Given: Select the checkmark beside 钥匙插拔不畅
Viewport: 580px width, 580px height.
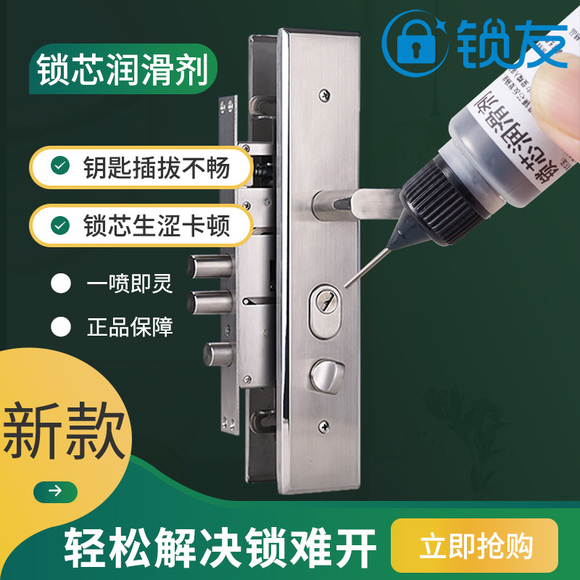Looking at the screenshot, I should coord(60,167).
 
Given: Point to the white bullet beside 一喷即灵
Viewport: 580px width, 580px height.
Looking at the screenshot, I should coord(61,283).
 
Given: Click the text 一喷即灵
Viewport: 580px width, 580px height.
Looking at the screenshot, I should coord(130,283).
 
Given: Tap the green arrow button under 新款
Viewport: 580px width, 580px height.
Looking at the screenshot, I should coord(55,491).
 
